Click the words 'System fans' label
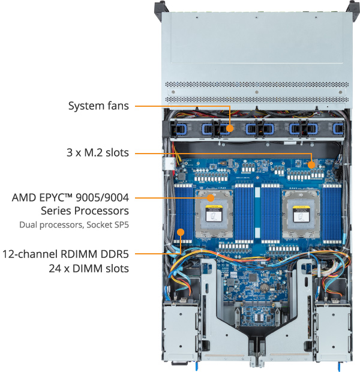pos(98,106)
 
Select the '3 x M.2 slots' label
pos(98,152)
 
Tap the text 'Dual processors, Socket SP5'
pos(74,225)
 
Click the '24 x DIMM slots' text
pos(89,268)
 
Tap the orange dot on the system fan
pos(230,127)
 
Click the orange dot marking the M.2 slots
pos(311,163)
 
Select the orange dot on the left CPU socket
pos(211,197)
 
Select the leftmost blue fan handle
pos(176,128)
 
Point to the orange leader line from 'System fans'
pos(180,106)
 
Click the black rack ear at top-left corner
pos(160,7)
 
